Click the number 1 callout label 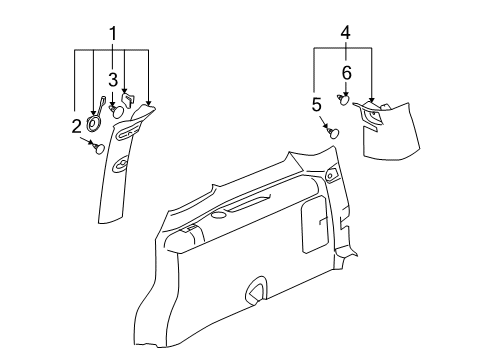point(113,34)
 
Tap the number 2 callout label point(76,125)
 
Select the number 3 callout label point(113,79)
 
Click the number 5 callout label point(315,103)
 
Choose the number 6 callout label point(346,73)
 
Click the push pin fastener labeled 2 point(97,148)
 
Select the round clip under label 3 point(117,111)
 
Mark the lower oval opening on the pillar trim point(120,165)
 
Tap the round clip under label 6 point(345,99)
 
